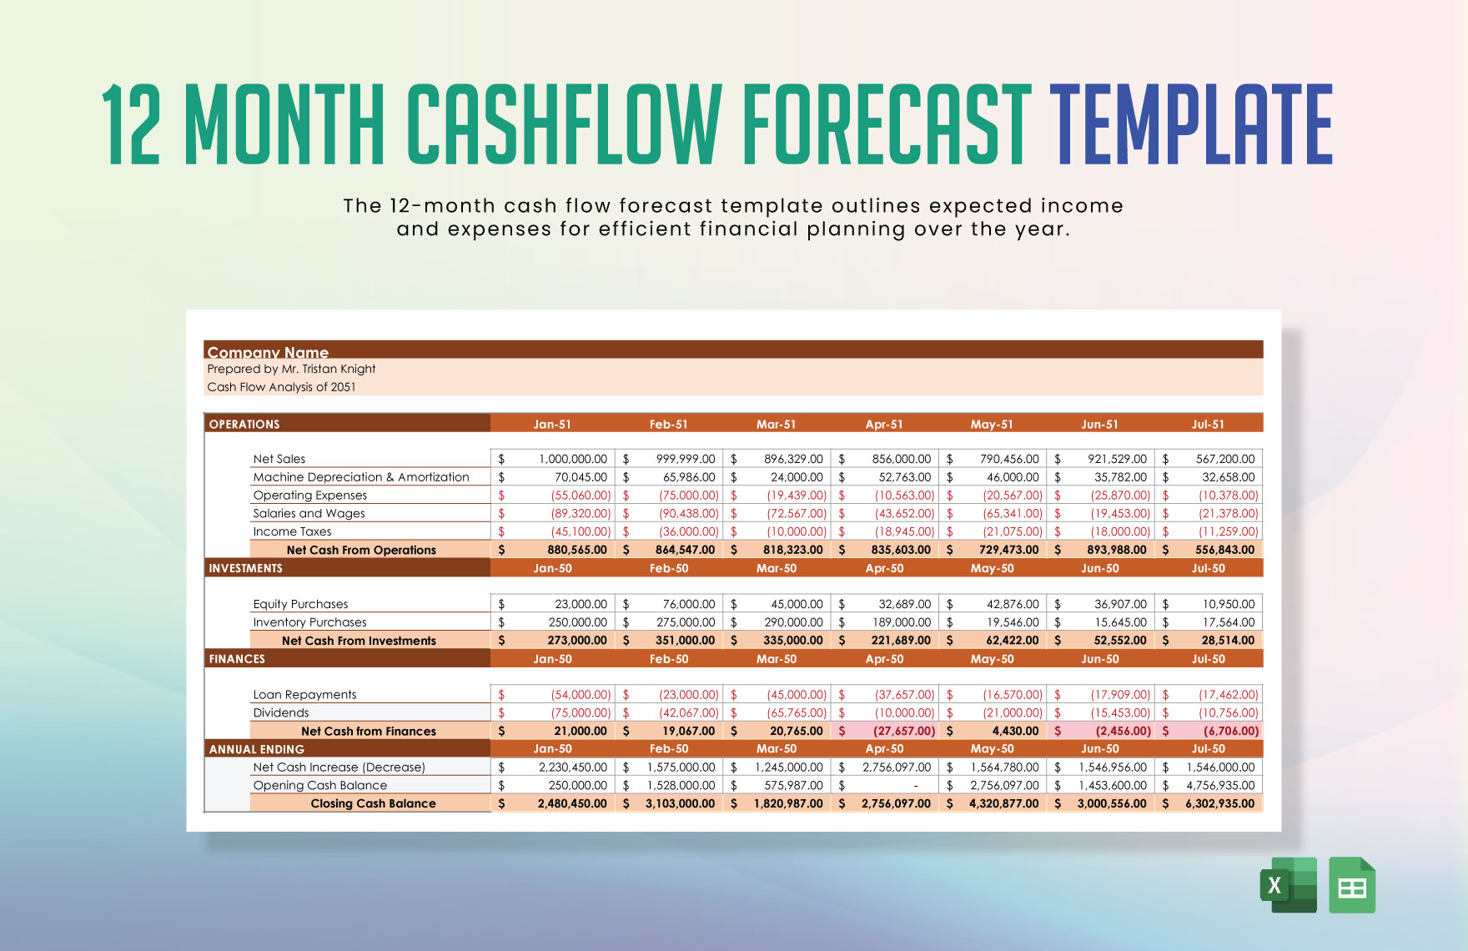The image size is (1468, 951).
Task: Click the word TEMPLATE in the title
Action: tap(1191, 125)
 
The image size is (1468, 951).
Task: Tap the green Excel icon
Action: tap(1287, 885)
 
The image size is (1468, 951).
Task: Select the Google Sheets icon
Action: tap(1352, 885)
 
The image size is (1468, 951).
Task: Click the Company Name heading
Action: tap(268, 352)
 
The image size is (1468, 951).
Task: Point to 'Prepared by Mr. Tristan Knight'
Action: tap(291, 369)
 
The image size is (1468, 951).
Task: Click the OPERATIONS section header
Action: tap(244, 424)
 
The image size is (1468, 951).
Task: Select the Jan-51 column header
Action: tap(552, 424)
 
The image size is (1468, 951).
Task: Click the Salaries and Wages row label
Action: tap(309, 513)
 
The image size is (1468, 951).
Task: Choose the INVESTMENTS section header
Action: tap(245, 568)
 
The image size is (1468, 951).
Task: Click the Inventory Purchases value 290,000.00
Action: tap(792, 622)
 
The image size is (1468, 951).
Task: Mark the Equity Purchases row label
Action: tap(300, 604)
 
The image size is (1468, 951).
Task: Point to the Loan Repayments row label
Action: tap(304, 694)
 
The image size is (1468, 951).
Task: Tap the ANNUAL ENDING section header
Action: tap(256, 749)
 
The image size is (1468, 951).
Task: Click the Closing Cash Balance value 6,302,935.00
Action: tap(1219, 803)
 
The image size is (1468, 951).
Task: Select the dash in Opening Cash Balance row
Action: tap(916, 786)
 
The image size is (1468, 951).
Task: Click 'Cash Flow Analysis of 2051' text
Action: tap(281, 387)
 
